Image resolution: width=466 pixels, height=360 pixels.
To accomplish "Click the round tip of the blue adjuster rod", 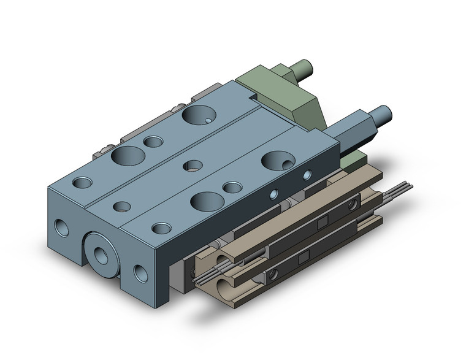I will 384,113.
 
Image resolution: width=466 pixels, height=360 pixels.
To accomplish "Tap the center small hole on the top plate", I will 194,165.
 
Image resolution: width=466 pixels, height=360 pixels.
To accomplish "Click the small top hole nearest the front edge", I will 161,228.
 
